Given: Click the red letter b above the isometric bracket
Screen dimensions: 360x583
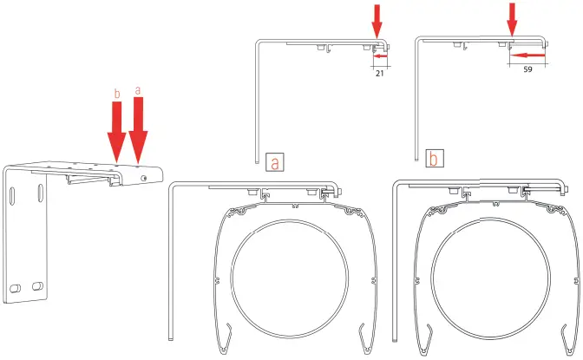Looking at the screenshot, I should click(x=118, y=92).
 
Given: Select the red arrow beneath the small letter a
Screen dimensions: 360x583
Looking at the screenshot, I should click(x=138, y=131).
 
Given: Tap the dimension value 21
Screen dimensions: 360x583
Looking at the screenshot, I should click(x=379, y=75).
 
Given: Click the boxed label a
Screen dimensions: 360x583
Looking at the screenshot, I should click(x=274, y=162).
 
